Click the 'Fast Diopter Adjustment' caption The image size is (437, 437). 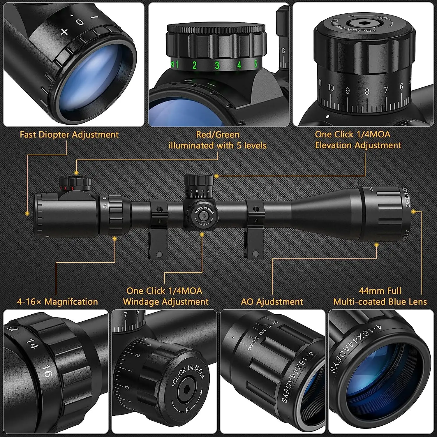pos(69,135)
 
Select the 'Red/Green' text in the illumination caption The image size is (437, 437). pos(218,135)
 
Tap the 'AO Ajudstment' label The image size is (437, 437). pos(272,302)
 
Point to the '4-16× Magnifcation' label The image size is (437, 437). pos(57,302)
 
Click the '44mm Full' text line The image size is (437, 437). pos(380,291)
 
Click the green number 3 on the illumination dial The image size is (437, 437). pos(217,65)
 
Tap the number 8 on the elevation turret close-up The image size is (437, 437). pos(367,91)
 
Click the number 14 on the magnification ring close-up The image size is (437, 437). pos(32,343)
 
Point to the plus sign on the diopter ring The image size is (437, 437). pos(64,31)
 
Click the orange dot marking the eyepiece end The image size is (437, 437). pos(27,213)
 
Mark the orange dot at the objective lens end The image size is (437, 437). pos(413,212)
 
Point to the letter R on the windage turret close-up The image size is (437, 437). pos(187,410)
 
